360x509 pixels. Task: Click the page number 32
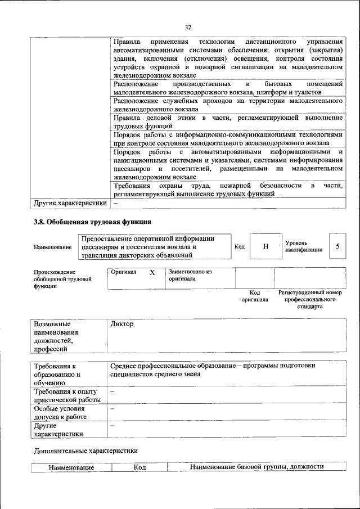click(188, 26)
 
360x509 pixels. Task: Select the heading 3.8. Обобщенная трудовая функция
click(92, 222)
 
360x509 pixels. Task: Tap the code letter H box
click(265, 247)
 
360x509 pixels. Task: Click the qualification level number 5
click(337, 246)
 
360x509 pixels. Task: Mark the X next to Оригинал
click(152, 272)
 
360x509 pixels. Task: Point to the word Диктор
click(123, 325)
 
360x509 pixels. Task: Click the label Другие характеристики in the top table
click(70, 203)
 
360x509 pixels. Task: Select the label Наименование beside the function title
click(53, 247)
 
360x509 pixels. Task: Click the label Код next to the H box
click(240, 246)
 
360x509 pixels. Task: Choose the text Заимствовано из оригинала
click(190, 275)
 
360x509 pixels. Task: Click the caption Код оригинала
click(255, 296)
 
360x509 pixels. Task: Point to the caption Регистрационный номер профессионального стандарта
click(310, 300)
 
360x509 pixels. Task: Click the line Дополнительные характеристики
click(85, 451)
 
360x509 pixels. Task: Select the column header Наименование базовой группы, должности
click(257, 467)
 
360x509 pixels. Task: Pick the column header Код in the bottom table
click(139, 467)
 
